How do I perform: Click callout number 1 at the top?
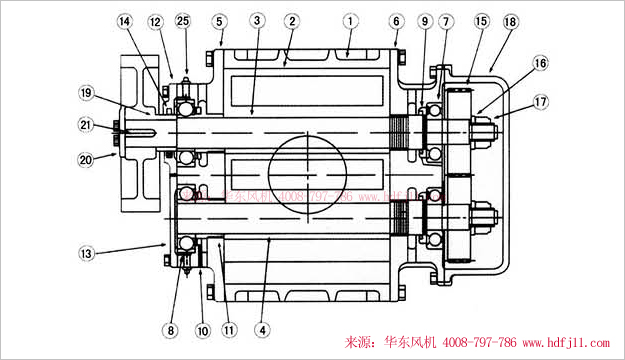(349, 19)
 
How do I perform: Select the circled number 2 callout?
(291, 20)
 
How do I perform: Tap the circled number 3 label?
(257, 20)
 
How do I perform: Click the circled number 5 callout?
(219, 20)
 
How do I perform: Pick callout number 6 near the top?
(396, 20)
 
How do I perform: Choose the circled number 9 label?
(424, 20)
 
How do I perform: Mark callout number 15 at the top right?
(481, 20)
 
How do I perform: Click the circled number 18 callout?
(511, 20)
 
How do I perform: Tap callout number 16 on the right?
(541, 62)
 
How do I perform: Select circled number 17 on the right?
(541, 100)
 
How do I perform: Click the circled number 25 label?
(182, 20)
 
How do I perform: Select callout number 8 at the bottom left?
(170, 329)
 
